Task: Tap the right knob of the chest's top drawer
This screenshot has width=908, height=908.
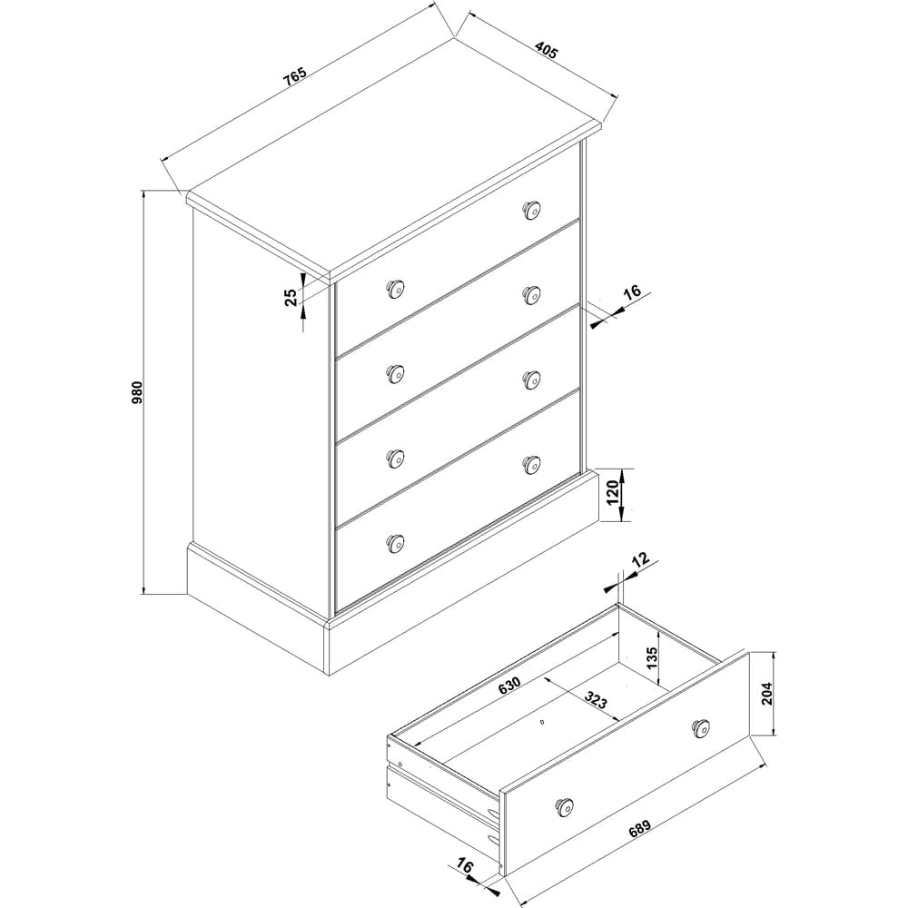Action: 531,211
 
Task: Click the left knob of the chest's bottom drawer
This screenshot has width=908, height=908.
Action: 394,542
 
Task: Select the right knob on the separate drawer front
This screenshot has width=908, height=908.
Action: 700,727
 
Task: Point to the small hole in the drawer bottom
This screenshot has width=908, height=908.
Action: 541,724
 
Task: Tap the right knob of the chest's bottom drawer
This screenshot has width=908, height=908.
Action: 531,464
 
